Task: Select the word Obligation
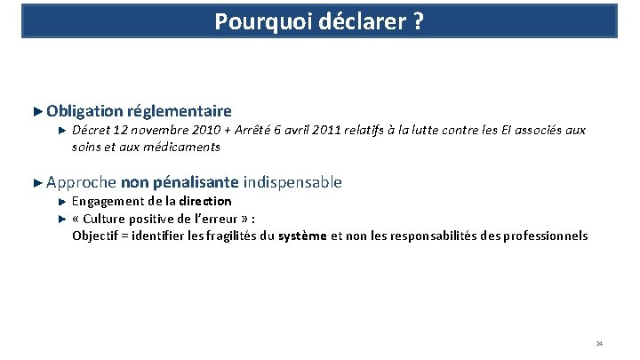(x=85, y=111)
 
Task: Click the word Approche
(x=82, y=183)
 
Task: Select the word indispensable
(x=292, y=183)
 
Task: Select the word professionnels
(x=543, y=236)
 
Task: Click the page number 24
(x=599, y=343)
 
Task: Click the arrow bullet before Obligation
(x=36, y=111)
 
